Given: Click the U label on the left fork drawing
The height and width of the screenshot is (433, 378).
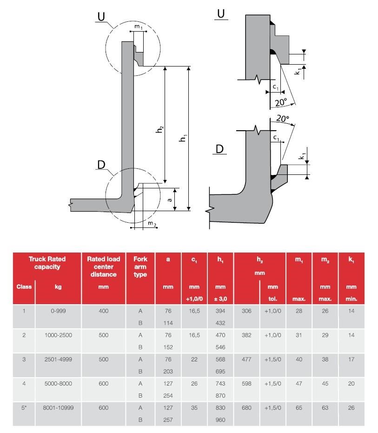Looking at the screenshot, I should [101, 17].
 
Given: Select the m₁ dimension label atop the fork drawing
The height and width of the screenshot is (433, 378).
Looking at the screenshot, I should [139, 27].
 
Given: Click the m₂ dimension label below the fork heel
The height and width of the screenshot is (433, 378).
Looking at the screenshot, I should [152, 224].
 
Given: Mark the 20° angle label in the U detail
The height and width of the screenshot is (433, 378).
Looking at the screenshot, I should [280, 102].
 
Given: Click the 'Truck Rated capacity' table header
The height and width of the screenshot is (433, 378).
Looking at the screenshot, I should [47, 263].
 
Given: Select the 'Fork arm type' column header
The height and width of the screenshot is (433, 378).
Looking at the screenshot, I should [140, 266].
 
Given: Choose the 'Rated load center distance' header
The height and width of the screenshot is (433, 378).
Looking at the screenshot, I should [103, 266].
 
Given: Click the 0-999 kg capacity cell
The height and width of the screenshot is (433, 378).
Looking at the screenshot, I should [58, 311].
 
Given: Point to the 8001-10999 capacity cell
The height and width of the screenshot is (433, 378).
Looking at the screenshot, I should [58, 407].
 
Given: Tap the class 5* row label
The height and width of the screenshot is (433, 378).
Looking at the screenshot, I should [24, 407].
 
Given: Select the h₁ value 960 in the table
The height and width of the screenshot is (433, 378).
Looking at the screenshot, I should [220, 420].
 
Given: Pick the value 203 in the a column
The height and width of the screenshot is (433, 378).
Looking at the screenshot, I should [168, 371].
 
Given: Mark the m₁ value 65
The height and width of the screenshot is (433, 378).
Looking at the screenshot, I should [299, 407].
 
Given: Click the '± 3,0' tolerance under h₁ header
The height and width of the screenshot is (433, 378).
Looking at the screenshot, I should [220, 299].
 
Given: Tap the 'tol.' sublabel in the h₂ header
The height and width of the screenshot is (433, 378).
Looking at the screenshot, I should [273, 299].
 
